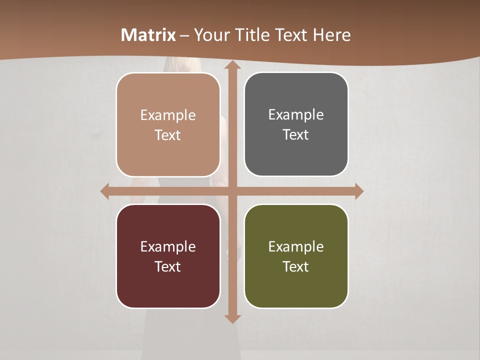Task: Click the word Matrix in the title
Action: tap(148, 35)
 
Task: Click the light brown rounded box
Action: tap(168, 124)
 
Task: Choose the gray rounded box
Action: tap(296, 124)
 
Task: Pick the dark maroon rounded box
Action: tap(168, 256)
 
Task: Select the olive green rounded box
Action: tap(296, 256)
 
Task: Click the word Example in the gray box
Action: tap(296, 115)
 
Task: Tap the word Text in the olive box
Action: tap(296, 266)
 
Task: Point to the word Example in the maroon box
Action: tap(168, 246)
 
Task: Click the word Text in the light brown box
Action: tap(168, 135)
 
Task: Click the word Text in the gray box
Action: tap(296, 135)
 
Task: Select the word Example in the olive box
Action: tap(296, 246)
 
